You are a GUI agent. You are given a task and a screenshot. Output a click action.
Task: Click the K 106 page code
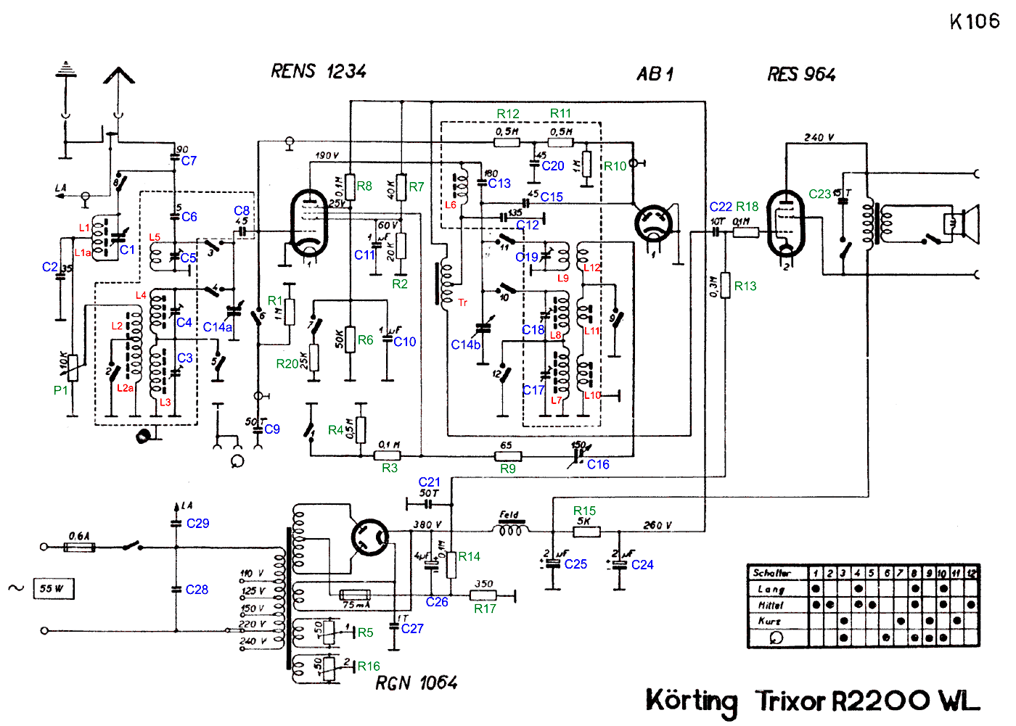coord(974,21)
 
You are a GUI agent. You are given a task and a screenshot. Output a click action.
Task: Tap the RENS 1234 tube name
coord(319,71)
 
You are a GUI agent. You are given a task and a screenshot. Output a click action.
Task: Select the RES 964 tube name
coord(801,74)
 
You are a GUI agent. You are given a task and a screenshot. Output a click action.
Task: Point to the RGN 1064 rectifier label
coord(416,682)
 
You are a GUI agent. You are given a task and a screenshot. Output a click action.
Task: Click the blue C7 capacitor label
coord(189,160)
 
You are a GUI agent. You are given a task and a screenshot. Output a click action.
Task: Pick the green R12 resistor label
coord(508,114)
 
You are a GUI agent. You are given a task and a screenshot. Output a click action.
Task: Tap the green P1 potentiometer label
coord(61,390)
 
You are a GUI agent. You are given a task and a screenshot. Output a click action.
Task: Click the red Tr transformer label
coord(462,302)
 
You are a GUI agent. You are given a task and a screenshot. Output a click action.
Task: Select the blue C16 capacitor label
coord(598,464)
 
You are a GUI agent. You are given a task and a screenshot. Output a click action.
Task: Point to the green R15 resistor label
coord(584,511)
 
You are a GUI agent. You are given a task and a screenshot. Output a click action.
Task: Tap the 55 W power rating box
coord(54,588)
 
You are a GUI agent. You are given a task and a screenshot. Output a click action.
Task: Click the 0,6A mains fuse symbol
coord(79,547)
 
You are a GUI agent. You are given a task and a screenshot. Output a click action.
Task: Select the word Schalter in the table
coord(771,573)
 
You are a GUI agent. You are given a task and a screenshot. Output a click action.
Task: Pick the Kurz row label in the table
coord(770,622)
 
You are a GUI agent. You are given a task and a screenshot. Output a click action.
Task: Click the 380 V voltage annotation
coord(427,524)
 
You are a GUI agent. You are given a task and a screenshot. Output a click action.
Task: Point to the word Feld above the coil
coord(509,515)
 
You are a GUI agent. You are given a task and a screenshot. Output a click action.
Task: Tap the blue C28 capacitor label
coord(197,590)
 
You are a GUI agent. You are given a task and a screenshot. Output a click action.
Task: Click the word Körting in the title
coord(692,701)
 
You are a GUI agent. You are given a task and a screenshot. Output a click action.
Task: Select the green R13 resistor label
coord(745,286)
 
